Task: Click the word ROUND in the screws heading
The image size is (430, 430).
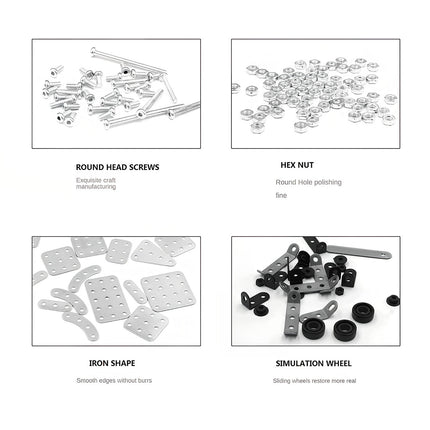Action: point(88,166)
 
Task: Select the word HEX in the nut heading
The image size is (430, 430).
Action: point(287,164)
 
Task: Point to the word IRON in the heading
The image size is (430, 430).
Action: point(97,364)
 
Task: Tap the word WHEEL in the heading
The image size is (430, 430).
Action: point(338,364)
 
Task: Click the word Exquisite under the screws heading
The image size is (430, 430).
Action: point(89,181)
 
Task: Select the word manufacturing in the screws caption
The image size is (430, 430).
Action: point(95,188)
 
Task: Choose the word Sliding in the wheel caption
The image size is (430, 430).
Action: point(282,381)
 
